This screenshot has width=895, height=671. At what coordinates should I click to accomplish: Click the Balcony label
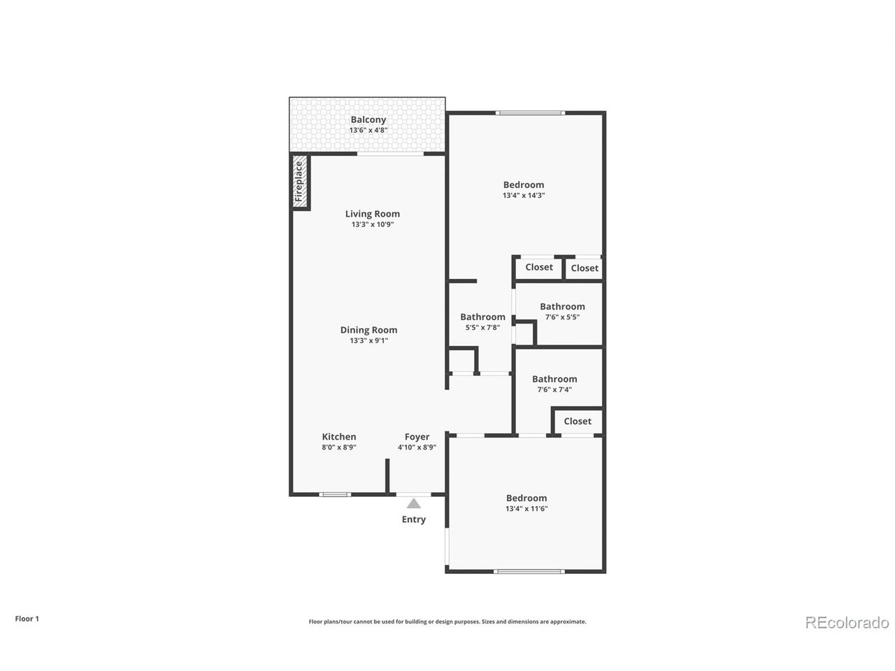point(368,120)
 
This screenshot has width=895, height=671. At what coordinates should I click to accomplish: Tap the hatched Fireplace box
point(300,182)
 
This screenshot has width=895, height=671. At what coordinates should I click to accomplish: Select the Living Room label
point(372,214)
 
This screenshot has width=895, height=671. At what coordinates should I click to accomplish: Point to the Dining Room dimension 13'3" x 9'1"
point(368,341)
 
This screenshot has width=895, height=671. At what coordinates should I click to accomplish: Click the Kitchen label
point(338,437)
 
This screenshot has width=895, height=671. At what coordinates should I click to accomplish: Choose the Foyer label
point(417,437)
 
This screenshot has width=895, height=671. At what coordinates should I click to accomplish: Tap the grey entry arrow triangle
point(414,503)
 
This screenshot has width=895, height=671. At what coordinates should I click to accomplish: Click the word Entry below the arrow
point(413,519)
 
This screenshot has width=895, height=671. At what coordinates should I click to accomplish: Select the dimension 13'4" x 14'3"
point(523,196)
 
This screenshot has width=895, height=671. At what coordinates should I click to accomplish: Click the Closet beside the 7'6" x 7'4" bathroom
point(578,421)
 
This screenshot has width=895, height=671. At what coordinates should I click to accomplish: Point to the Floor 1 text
point(27,619)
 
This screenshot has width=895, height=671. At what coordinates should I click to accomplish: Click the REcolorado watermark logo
point(847,622)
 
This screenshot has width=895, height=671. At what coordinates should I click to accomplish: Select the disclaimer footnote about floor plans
point(447,621)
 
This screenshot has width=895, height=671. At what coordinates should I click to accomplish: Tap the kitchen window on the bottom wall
point(335,495)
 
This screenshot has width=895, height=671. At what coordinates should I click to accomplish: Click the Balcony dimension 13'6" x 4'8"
point(368,131)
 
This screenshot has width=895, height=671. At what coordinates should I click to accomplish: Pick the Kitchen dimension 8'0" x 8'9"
point(338,447)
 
